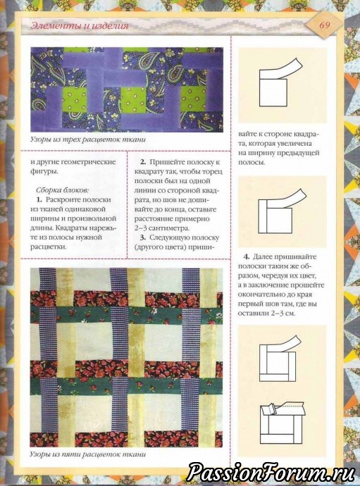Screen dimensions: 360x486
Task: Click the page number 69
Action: [x=324, y=25]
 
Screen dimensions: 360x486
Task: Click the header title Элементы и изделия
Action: [x=80, y=25]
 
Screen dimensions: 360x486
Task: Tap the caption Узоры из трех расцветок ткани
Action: [x=88, y=139]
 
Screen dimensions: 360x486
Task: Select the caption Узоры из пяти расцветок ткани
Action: [x=88, y=455]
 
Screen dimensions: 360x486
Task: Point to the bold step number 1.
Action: [x=39, y=199]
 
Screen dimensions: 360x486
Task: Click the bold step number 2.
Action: [x=143, y=162]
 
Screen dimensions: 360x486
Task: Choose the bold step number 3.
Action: [x=143, y=238]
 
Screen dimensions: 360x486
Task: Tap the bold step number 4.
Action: [x=247, y=257]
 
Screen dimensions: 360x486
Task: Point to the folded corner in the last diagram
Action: [x=268, y=410]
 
